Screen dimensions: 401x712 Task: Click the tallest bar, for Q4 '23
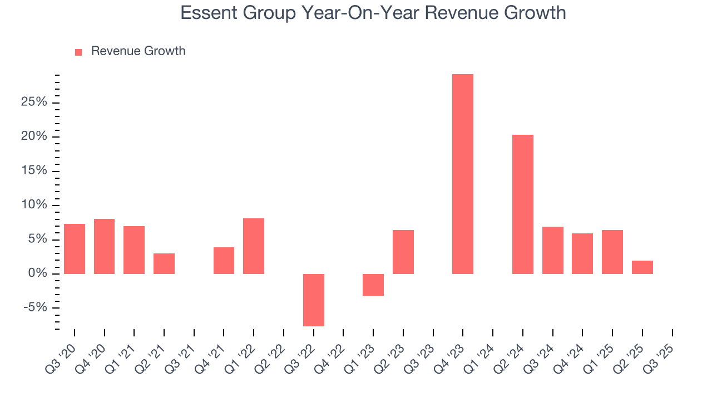[463, 174]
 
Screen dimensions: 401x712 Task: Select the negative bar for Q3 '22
[313, 300]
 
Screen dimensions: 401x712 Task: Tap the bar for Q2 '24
[522, 204]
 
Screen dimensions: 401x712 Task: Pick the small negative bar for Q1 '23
[373, 285]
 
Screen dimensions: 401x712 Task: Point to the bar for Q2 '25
[642, 267]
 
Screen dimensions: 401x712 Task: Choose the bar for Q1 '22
[254, 246]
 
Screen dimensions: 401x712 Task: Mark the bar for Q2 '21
[164, 263]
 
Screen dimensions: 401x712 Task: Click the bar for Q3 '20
[75, 248]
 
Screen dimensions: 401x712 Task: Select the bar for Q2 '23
[403, 252]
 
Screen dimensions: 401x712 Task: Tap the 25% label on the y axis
[34, 102]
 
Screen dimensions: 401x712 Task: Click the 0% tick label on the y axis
[38, 273]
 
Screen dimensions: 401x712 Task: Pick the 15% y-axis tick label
[34, 171]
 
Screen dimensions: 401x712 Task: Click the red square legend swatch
[78, 52]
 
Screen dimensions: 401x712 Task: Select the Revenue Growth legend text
[138, 51]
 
